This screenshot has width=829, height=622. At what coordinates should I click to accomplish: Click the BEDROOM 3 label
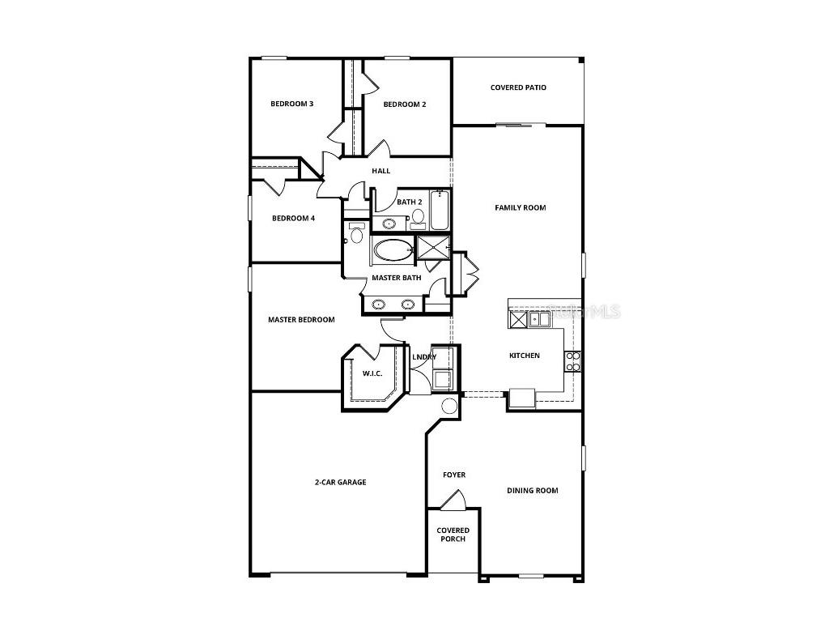click(292, 104)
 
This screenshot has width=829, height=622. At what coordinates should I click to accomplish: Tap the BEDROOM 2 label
click(405, 104)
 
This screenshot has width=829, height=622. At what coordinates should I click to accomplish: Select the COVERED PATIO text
click(518, 87)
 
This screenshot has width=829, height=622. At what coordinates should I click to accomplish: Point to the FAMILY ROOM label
click(521, 208)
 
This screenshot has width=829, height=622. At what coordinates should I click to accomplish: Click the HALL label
click(380, 171)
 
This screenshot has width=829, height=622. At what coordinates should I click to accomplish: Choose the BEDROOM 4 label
click(293, 218)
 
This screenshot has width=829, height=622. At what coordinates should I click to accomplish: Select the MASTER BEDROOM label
click(301, 320)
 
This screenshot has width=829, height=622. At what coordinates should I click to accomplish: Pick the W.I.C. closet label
click(372, 373)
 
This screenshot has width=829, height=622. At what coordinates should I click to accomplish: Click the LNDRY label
click(424, 357)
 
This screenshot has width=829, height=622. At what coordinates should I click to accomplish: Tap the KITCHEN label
click(524, 356)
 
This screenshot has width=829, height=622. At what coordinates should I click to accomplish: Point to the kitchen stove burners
click(572, 361)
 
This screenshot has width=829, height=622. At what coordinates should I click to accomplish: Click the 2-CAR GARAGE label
click(340, 482)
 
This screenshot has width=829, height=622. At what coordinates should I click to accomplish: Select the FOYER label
click(454, 475)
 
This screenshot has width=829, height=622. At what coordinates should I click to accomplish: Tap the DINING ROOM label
click(532, 490)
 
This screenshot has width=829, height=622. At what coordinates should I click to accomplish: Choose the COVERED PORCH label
click(453, 535)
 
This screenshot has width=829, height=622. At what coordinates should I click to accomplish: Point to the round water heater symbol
click(449, 407)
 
